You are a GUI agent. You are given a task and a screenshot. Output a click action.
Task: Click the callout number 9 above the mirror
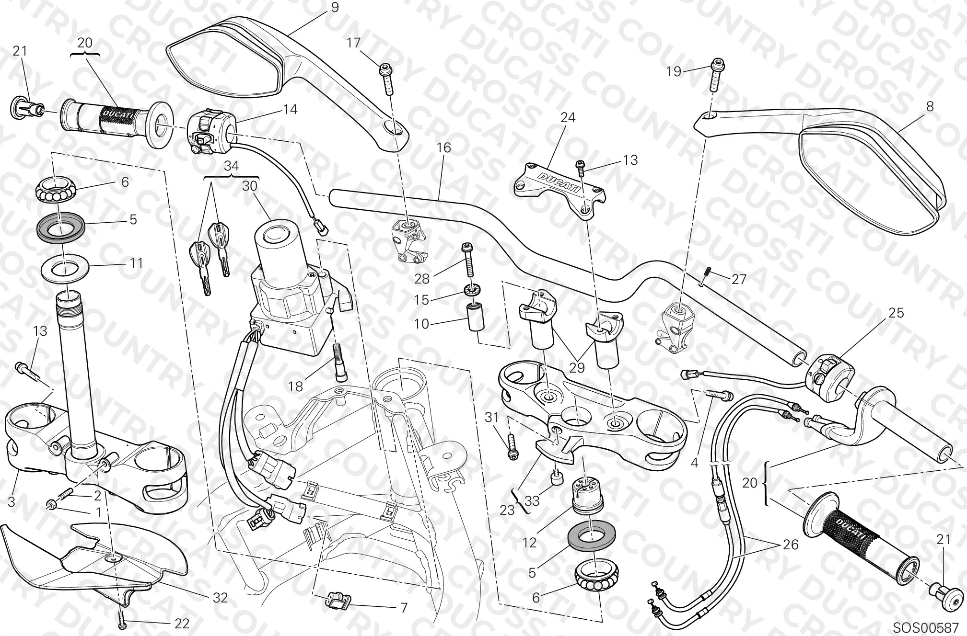(x=334, y=7)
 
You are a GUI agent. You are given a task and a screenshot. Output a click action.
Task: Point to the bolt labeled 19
(x=716, y=75)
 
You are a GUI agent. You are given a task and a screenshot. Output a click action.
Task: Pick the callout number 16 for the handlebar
(x=444, y=148)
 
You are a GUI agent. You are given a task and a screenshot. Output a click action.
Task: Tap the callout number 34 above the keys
(x=232, y=166)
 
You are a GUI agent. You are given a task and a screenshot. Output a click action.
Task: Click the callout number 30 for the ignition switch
(x=250, y=186)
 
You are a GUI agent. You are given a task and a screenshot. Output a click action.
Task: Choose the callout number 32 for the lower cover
(x=220, y=597)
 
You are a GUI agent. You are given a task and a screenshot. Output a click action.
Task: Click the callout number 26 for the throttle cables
(x=791, y=545)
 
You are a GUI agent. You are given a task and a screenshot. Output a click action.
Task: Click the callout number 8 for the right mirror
(x=930, y=106)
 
